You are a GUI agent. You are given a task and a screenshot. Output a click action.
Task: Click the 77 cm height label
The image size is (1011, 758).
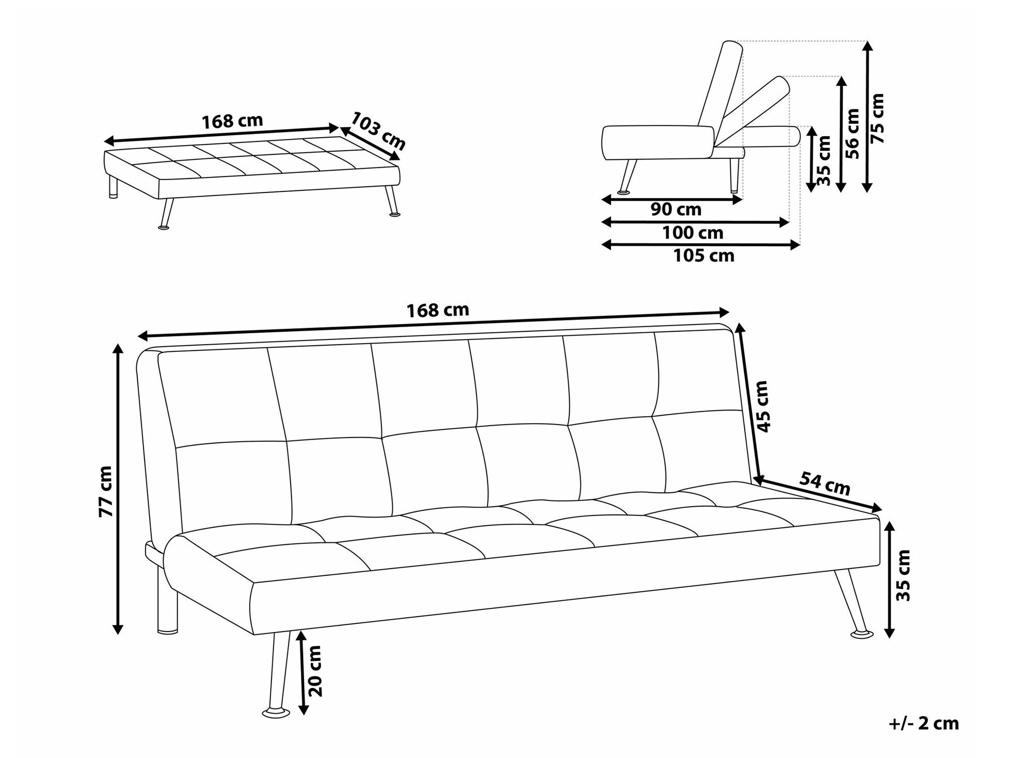pos(106,491)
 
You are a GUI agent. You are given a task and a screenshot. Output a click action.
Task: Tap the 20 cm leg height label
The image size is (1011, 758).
pos(314,671)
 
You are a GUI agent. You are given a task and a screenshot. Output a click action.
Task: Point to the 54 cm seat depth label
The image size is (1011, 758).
pos(824,484)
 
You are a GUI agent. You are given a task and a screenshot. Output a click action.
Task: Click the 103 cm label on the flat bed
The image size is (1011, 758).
pos(378,132)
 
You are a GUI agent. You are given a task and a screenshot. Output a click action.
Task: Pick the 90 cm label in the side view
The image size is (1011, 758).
pos(676,209)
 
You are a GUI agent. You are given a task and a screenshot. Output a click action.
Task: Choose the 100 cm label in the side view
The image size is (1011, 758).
pos(693,233)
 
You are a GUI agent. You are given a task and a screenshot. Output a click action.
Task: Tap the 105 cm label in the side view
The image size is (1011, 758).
pos(703,255)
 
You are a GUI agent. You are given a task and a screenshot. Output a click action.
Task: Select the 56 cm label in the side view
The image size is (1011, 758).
pos(853,134)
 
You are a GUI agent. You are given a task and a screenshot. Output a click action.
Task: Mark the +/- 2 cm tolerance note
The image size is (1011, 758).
pos(923,723)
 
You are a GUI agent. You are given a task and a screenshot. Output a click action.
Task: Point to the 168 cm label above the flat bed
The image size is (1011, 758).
pos(232,121)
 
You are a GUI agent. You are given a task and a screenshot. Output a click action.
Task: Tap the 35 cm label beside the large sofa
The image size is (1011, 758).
pos(903,575)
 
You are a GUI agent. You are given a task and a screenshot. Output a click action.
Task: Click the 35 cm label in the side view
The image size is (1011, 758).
pos(825,160)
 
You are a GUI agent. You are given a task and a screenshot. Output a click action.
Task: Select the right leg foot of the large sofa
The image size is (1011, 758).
pos(862,634)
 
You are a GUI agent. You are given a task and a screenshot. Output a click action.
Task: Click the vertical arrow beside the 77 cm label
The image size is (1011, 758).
pos(118,488)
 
